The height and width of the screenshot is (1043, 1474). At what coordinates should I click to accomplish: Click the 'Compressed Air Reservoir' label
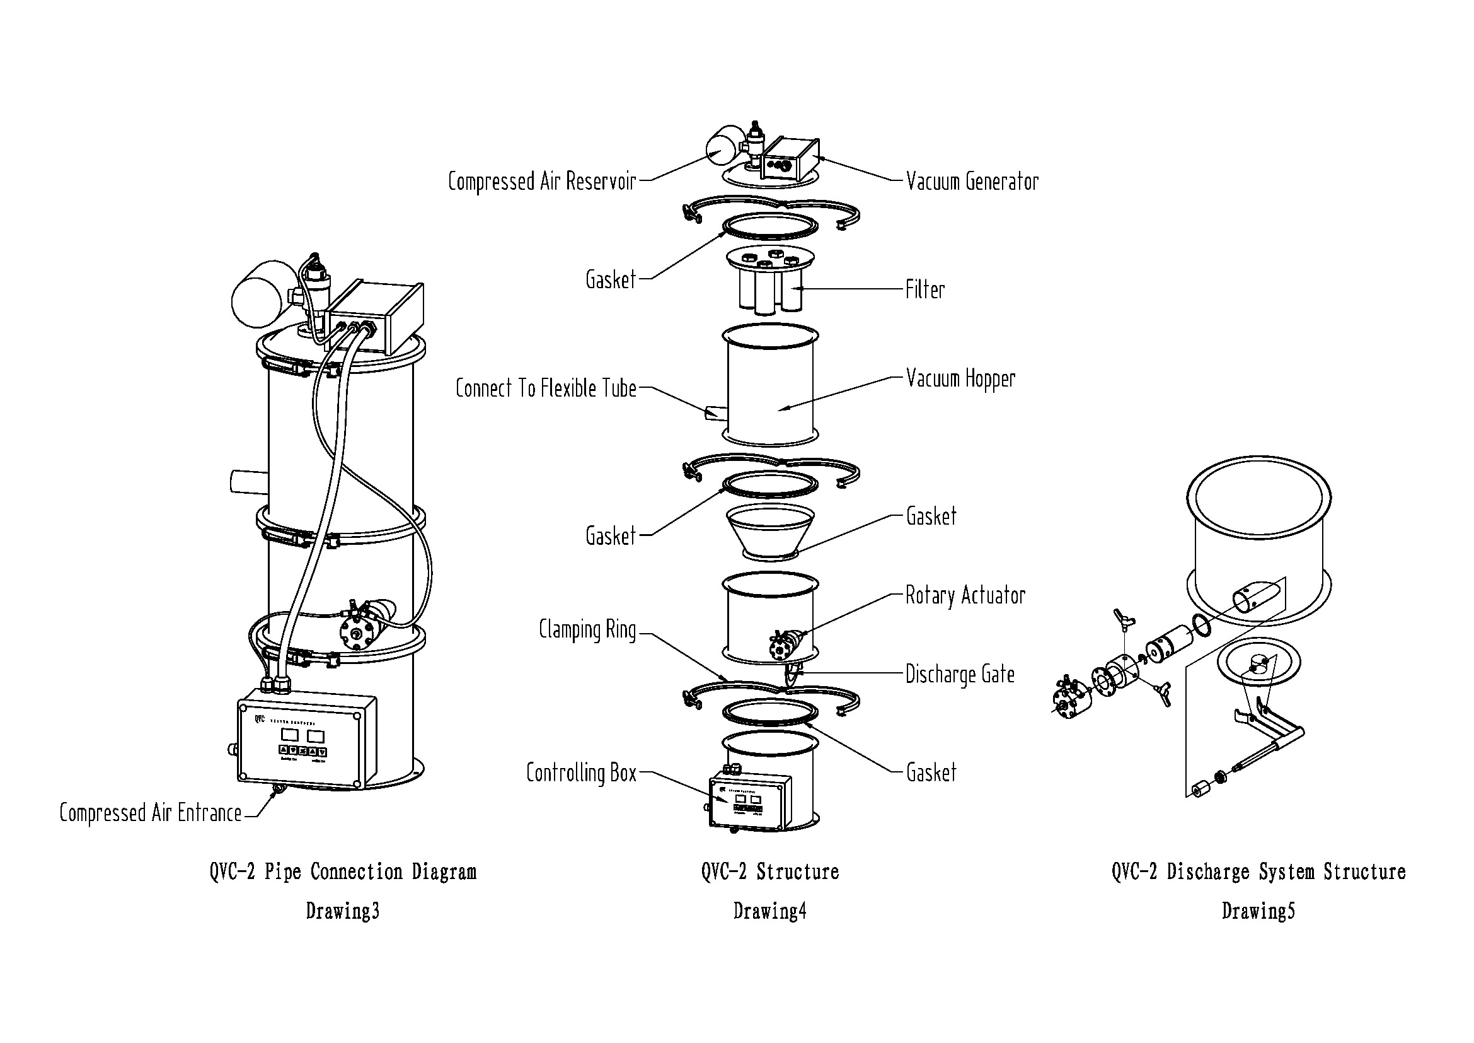pyautogui.click(x=542, y=182)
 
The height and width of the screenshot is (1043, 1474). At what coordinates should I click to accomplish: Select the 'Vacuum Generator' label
pyautogui.click(x=972, y=182)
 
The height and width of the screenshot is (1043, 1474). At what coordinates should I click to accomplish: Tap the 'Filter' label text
pyautogui.click(x=924, y=289)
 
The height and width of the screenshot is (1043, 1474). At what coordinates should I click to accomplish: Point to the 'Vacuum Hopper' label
pyautogui.click(x=960, y=379)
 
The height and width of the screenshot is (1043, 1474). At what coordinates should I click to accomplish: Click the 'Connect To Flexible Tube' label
pyautogui.click(x=546, y=388)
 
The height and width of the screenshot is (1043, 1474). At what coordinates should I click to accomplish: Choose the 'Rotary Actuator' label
pyautogui.click(x=965, y=595)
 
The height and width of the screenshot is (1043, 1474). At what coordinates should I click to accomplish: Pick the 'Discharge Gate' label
pyautogui.click(x=960, y=674)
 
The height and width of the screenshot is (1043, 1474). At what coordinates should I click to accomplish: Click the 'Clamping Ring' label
pyautogui.click(x=587, y=629)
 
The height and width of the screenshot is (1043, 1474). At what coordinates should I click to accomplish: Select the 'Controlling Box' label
pyautogui.click(x=581, y=772)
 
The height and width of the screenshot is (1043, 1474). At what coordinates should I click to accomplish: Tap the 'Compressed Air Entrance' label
pyautogui.click(x=150, y=813)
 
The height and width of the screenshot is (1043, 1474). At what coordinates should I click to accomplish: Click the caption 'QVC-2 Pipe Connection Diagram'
pyautogui.click(x=343, y=871)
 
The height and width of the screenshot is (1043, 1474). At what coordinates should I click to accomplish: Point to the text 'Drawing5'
pyautogui.click(x=1258, y=911)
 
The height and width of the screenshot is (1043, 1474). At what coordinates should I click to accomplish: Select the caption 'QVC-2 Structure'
pyautogui.click(x=769, y=871)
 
